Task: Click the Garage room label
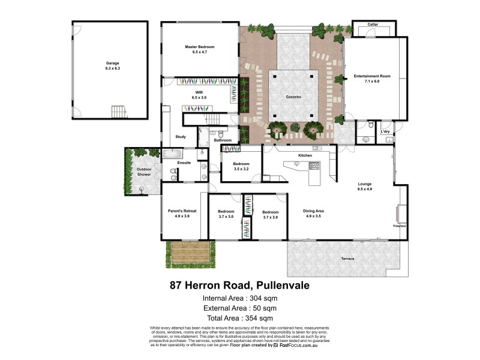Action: (x=113, y=63)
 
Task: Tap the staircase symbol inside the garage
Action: (x=119, y=112)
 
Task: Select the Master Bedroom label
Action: (x=200, y=47)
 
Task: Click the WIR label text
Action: (x=199, y=92)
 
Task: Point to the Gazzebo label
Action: (x=292, y=95)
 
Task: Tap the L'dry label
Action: (x=386, y=131)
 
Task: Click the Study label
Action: (x=181, y=137)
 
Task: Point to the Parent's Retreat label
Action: (x=182, y=211)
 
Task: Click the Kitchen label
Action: (x=305, y=155)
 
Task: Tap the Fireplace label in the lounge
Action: (x=400, y=226)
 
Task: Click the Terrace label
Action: (x=347, y=259)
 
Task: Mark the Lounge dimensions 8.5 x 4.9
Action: (x=365, y=190)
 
